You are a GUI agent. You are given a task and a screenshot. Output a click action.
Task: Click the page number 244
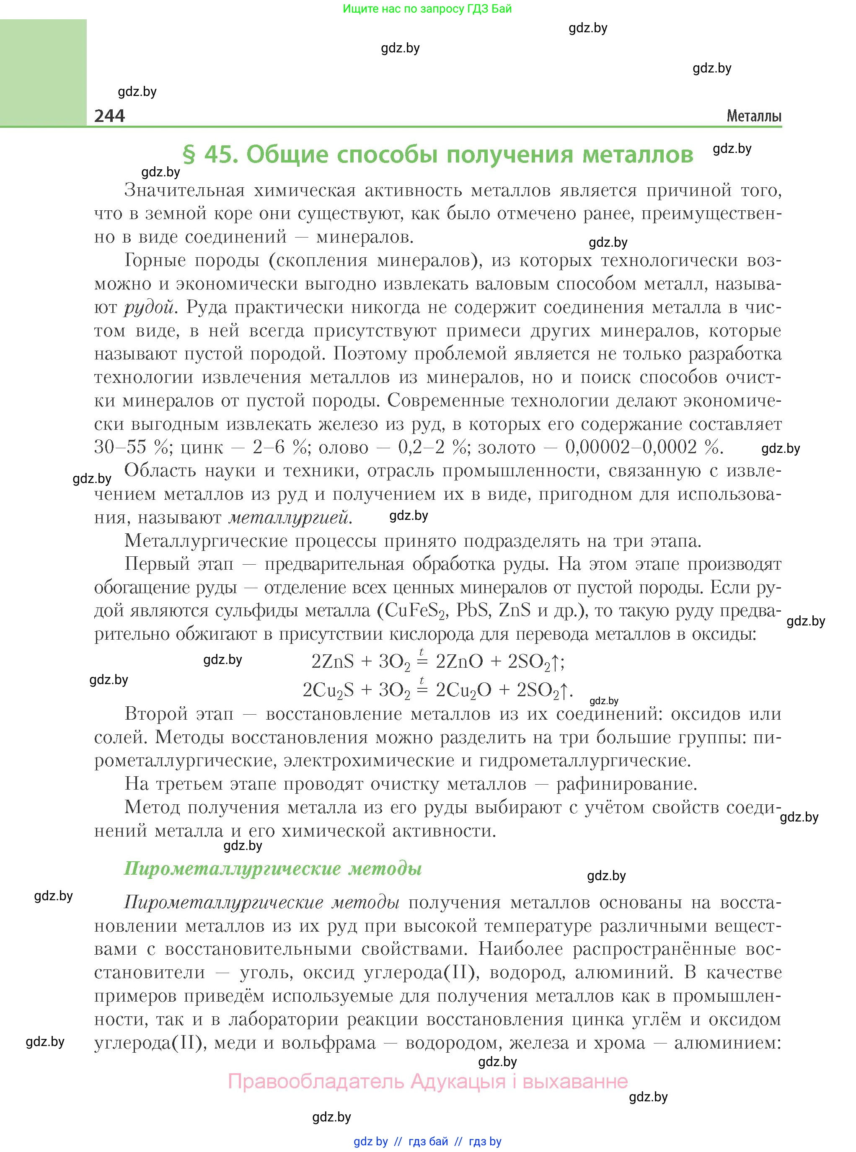(x=109, y=115)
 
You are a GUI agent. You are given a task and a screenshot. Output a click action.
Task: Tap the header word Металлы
(x=753, y=116)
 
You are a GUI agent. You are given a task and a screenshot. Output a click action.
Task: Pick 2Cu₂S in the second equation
(x=328, y=690)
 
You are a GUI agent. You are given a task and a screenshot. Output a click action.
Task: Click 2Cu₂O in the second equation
(x=463, y=690)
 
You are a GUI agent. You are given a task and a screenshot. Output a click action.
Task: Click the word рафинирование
(x=626, y=784)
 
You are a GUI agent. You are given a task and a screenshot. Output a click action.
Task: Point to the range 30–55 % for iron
(x=132, y=447)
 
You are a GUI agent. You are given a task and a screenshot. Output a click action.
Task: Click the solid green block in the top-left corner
(x=43, y=72)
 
